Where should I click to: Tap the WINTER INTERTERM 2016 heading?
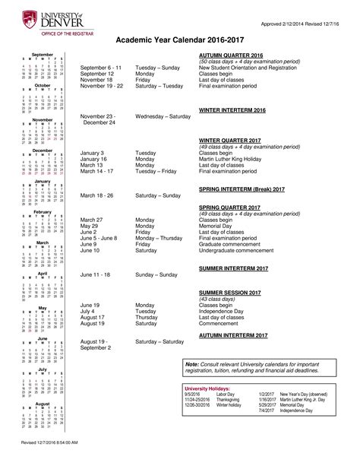pos(232,110)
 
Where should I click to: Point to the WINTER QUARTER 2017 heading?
pos(230,141)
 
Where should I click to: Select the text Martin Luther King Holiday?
pos(237,160)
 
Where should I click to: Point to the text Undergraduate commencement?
pos(241,250)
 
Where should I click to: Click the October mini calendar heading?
pos(42,86)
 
